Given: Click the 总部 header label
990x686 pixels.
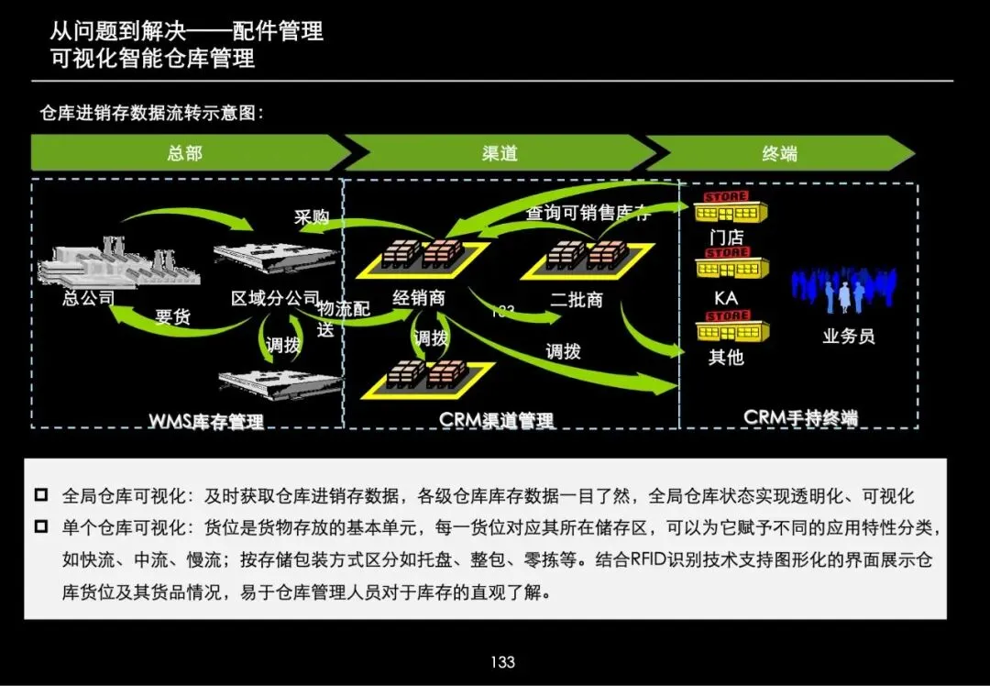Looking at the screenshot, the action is pos(184,153).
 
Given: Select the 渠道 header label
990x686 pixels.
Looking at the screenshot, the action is pos(500,153).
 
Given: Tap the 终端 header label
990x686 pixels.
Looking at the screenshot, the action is pos(779,153).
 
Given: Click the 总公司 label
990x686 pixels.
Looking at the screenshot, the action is pos(89,298).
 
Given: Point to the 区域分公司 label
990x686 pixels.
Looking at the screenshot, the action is pos(275,299).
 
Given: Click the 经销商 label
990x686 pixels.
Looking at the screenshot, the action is pos(419,298).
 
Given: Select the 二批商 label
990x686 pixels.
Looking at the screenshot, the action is pos(577,299).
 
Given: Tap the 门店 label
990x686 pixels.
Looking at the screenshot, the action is pos(726,238).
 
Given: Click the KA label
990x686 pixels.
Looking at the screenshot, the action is pos(726,299).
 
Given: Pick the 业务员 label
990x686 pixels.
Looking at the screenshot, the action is pos(849,336).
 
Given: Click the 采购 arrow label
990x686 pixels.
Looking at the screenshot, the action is pos(311,217).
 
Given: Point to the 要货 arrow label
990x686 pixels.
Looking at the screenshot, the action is pos(172,317).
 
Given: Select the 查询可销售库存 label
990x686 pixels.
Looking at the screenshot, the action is pos(588,214).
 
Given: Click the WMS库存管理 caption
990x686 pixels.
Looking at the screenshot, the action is pos(206,421).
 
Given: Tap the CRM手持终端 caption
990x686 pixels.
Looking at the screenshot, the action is pos(800,417).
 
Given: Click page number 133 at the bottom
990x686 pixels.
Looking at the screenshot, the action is pos(502,662).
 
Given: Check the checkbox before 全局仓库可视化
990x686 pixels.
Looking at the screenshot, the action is pos(41,496).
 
